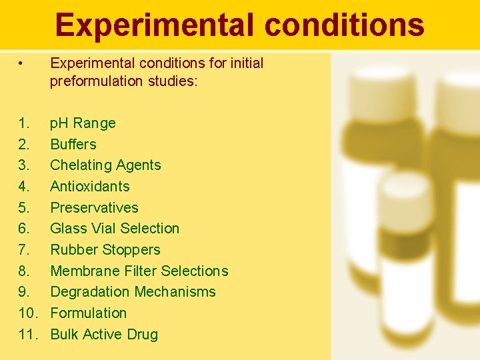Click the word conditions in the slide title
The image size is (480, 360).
(x=344, y=25)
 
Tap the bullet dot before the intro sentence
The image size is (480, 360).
(x=22, y=63)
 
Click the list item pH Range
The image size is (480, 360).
(x=83, y=123)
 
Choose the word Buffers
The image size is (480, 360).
(x=73, y=144)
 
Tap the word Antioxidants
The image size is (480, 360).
(x=90, y=186)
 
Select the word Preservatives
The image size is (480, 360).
(x=94, y=207)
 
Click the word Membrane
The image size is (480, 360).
(x=83, y=271)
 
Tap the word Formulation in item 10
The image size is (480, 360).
(x=88, y=313)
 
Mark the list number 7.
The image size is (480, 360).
(x=23, y=249)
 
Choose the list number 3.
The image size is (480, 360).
(x=23, y=165)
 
